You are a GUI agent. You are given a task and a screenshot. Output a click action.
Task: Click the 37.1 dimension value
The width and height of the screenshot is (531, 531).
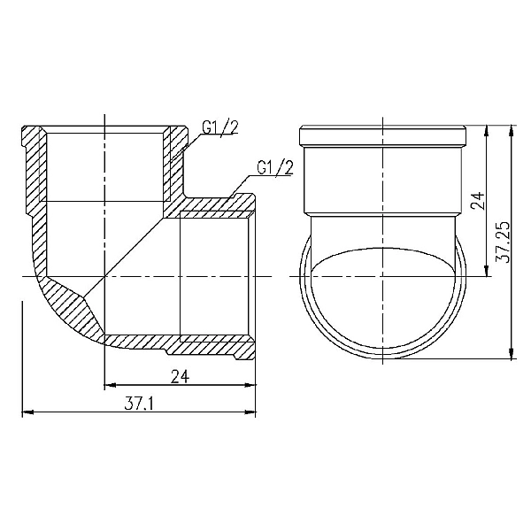[139, 404]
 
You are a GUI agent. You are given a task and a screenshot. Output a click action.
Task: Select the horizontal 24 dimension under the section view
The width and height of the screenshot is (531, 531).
[180, 376]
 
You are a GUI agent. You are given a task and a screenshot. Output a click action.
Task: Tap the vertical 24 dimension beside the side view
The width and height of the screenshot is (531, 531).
[479, 200]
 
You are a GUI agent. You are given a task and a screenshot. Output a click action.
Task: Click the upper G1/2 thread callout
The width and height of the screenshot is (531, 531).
[219, 128]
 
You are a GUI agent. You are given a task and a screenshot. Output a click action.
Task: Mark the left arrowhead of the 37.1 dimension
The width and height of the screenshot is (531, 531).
[25, 412]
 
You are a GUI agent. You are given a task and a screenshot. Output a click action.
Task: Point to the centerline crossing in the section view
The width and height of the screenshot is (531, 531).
[104, 277]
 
